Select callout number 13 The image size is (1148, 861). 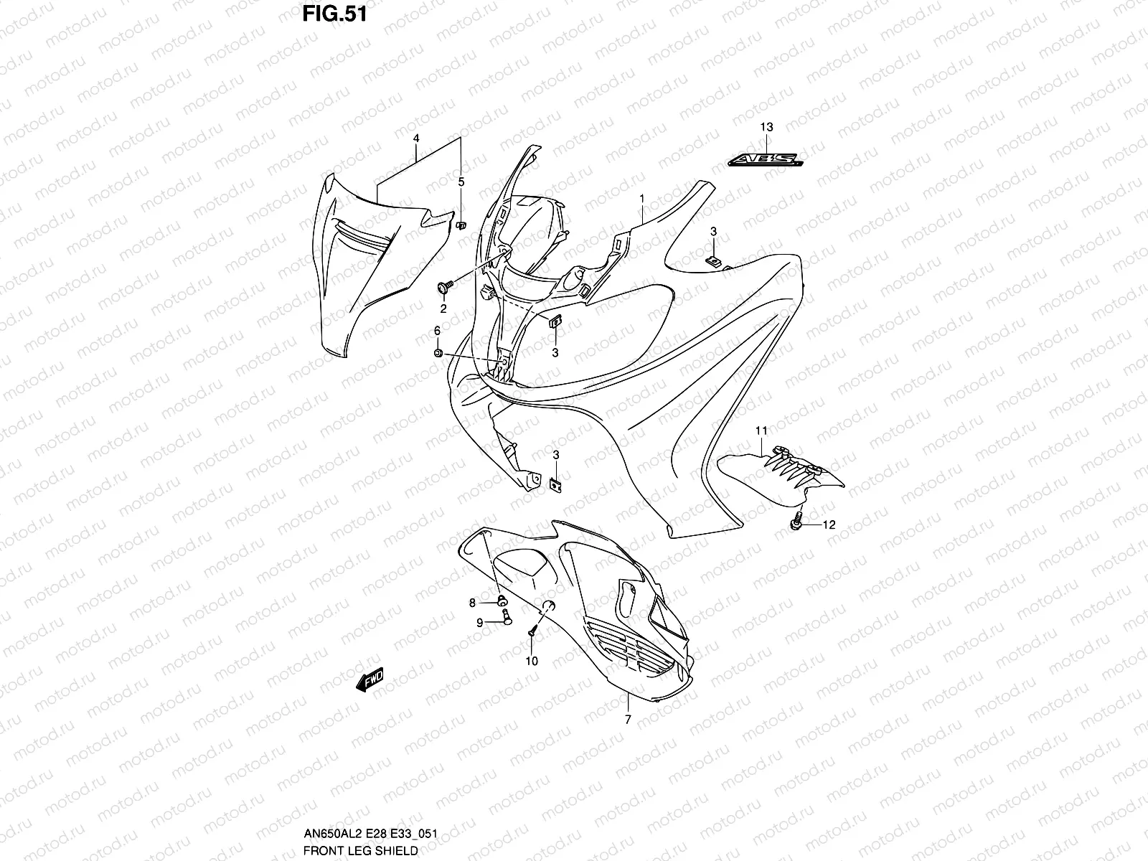tap(766, 127)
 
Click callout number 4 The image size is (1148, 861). tap(416, 137)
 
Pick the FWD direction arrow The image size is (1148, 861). tap(370, 679)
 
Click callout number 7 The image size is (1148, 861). tap(628, 720)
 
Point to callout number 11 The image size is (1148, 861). tap(761, 430)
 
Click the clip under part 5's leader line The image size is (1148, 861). tap(461, 225)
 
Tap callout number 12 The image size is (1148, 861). tap(829, 524)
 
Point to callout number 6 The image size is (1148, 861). tap(436, 330)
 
